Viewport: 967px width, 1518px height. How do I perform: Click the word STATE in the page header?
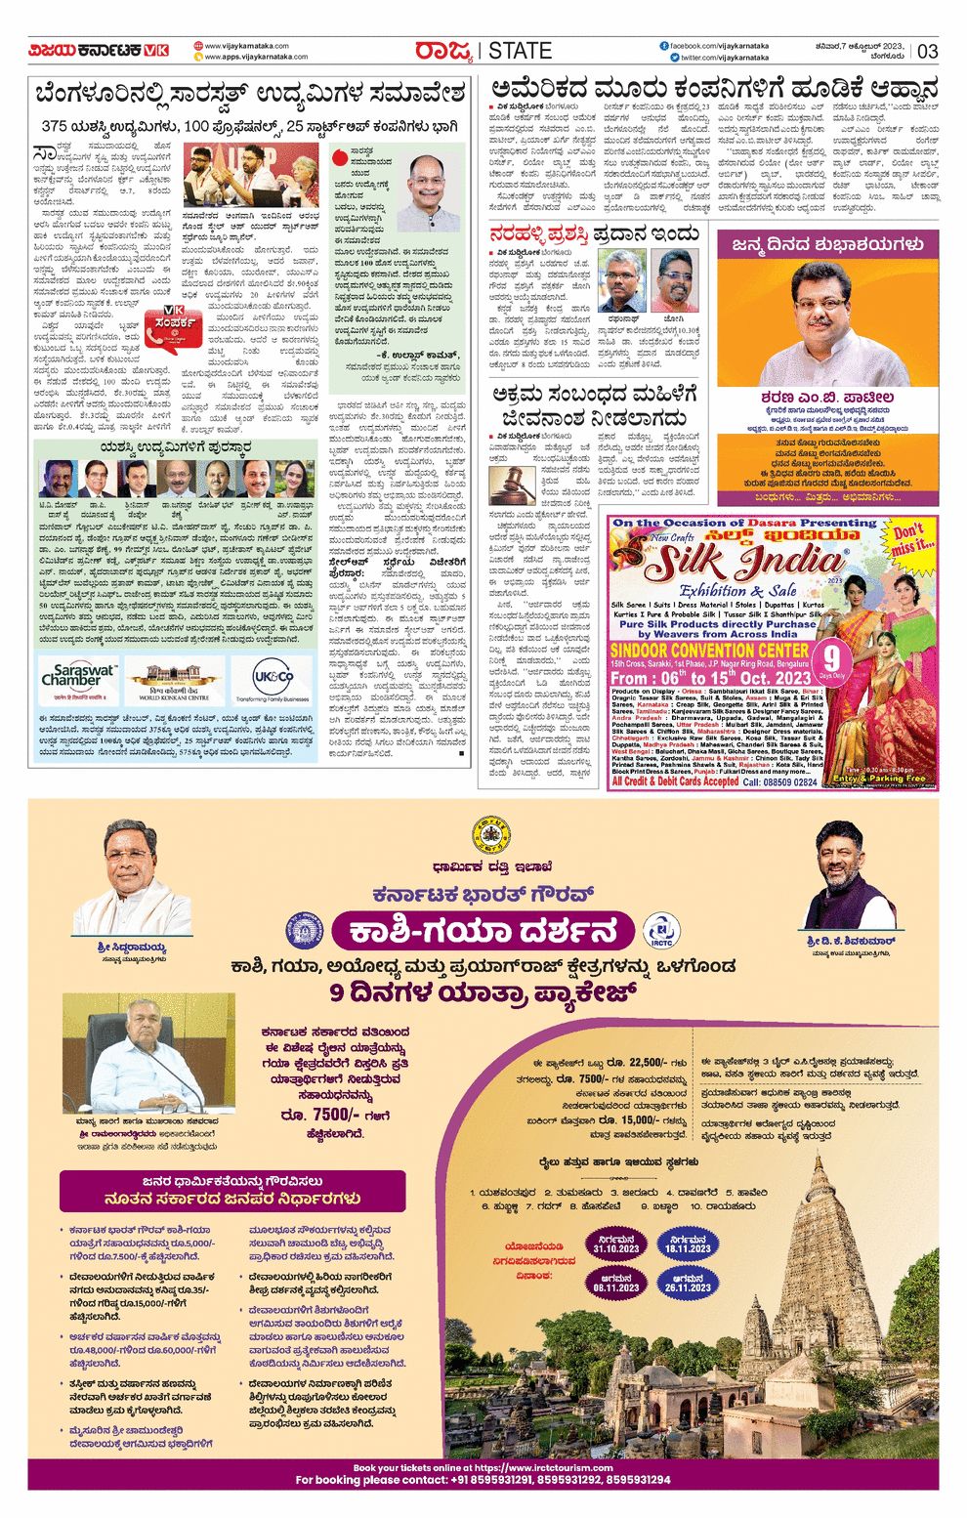click(520, 51)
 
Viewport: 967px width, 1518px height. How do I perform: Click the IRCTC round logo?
click(661, 931)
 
